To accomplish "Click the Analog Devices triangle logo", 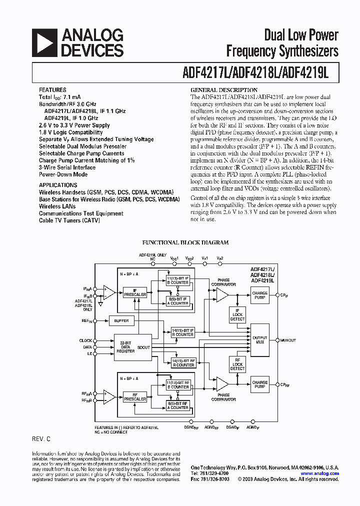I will pyautogui.click(x=43, y=42).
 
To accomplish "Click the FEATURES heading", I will pyautogui.click(x=52, y=90).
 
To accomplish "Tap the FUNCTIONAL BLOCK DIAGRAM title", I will pyautogui.click(x=185, y=242).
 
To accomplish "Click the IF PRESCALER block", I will pyautogui.click(x=135, y=292).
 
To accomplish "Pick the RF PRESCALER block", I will pyautogui.click(x=135, y=397).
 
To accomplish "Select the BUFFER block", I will pyautogui.click(x=121, y=320).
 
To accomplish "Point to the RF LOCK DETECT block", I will pyautogui.click(x=237, y=364).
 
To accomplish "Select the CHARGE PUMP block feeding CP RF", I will pyautogui.click(x=260, y=384).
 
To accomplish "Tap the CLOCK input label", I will pyautogui.click(x=85, y=340).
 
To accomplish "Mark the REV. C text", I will pyautogui.click(x=41, y=438).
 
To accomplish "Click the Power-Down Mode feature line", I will pyautogui.click(x=63, y=174).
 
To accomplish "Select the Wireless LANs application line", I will pyautogui.click(x=57, y=206).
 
